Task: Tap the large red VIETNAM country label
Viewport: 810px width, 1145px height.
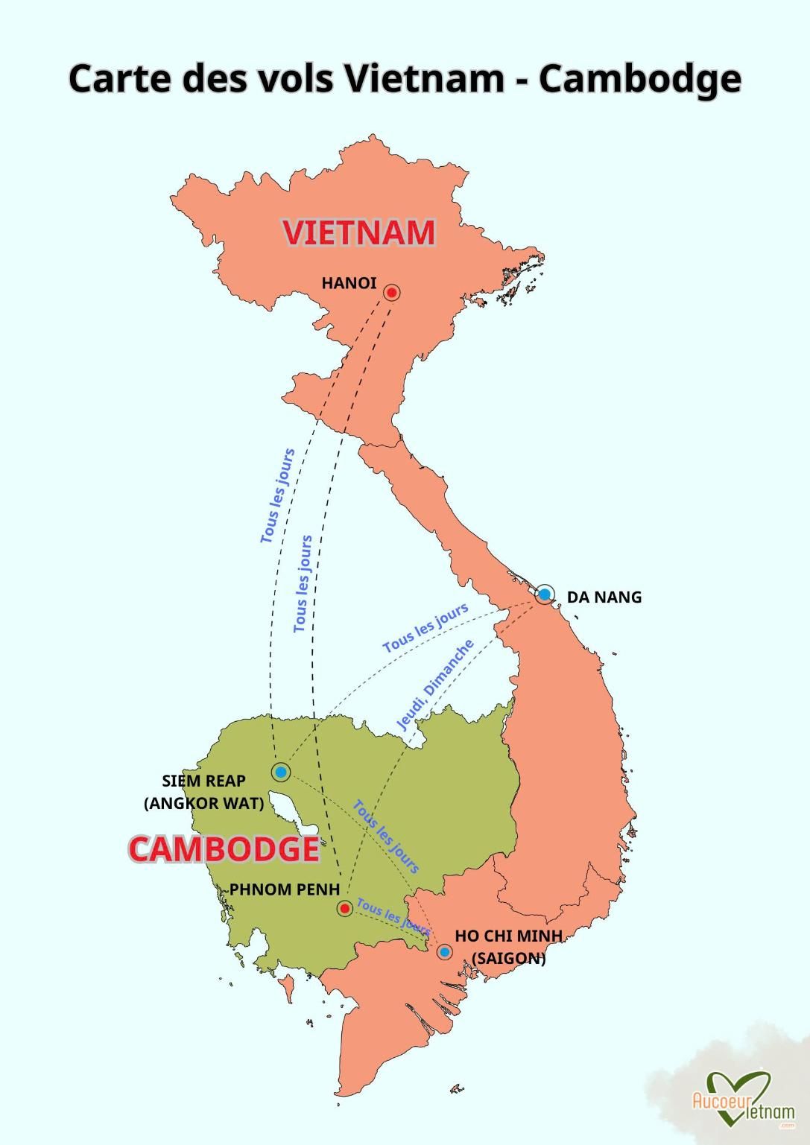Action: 358,232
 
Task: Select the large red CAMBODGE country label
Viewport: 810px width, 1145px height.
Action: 224,849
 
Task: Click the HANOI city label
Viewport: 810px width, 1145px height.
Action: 349,283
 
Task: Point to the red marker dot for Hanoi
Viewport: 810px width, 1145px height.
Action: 391,293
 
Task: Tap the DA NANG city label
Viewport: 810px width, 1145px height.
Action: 604,597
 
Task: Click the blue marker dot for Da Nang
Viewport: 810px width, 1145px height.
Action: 545,594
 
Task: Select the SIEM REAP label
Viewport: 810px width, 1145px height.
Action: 203,781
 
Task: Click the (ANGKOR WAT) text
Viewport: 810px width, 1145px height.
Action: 203,803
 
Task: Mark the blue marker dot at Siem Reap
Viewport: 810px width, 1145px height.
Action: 281,773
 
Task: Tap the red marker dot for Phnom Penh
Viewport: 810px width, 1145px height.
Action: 344,908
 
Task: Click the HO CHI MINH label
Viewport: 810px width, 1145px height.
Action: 508,936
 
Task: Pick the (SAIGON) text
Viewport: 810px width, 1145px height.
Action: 509,958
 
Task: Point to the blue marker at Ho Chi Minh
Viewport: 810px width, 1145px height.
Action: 444,952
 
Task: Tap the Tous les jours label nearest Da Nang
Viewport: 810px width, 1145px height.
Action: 425,628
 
